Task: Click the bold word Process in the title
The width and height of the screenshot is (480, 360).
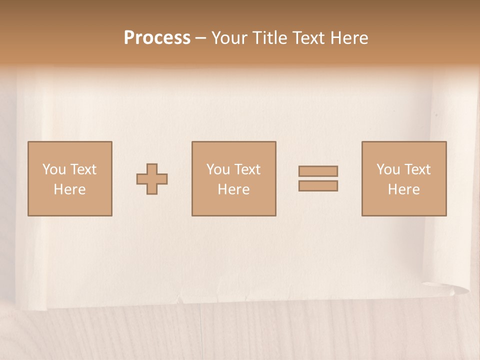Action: click(x=157, y=38)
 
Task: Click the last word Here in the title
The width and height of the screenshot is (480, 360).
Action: click(x=349, y=38)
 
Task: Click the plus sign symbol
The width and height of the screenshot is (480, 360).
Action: click(x=152, y=179)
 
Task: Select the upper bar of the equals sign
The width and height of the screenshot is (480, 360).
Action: click(x=318, y=171)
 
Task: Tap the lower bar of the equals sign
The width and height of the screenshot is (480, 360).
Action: click(x=318, y=186)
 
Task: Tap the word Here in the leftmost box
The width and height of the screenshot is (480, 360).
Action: click(x=70, y=189)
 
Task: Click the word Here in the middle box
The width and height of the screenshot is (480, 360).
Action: click(x=234, y=189)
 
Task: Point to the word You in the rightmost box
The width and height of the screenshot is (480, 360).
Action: click(x=388, y=169)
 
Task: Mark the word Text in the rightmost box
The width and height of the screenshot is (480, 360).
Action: click(x=417, y=169)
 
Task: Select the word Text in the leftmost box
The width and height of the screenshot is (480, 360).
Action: click(x=83, y=169)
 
